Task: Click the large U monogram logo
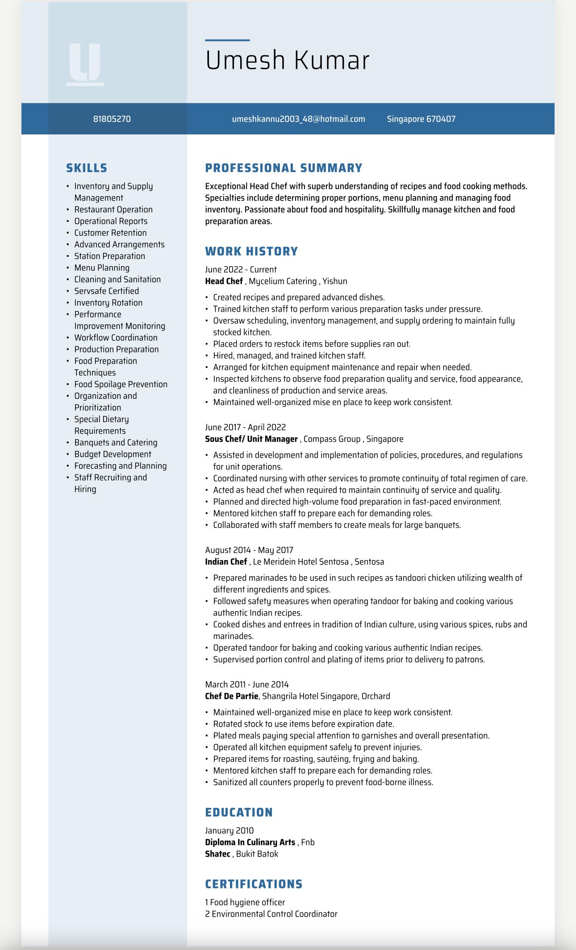tap(85, 64)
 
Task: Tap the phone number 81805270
tap(112, 119)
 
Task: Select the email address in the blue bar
tap(298, 119)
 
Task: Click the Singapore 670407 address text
tap(421, 119)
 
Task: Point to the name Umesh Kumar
tap(287, 60)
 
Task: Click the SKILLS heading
tap(87, 168)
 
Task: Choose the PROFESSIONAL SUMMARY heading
tap(284, 168)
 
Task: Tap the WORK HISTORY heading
tap(251, 251)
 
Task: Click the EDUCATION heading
tap(239, 812)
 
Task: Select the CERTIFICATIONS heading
tap(254, 884)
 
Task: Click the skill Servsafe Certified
tap(106, 291)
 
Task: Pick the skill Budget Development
tap(113, 454)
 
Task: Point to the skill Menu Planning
tap(102, 268)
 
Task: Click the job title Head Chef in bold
tap(224, 281)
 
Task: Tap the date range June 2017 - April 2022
tap(245, 427)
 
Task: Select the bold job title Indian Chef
tap(226, 561)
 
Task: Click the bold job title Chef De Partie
tap(231, 696)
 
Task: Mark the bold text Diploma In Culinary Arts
tap(250, 842)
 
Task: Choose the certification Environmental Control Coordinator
tap(274, 914)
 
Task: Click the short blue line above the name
tap(227, 40)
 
